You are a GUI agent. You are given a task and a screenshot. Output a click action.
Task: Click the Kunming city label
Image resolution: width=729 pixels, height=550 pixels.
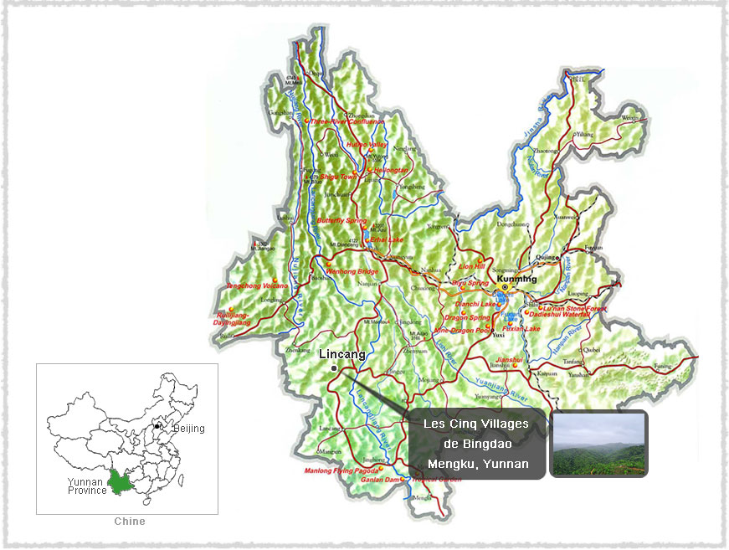[515, 277]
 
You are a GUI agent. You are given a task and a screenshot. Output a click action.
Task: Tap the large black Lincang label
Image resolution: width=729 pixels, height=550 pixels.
[342, 355]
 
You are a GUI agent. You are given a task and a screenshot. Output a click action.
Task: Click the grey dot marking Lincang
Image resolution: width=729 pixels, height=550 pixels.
[333, 368]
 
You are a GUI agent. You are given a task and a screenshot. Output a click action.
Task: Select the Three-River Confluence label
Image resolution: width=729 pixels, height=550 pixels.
[348, 121]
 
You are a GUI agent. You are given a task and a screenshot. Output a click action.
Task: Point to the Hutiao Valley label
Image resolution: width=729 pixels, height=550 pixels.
[367, 145]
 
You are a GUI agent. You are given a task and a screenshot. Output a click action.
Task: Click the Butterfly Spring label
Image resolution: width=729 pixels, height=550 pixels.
[342, 220]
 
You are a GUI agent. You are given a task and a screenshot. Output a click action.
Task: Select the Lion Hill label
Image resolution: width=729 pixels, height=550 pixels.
[472, 266]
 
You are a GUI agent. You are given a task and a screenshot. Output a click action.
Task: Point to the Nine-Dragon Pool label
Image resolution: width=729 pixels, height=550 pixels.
[463, 330]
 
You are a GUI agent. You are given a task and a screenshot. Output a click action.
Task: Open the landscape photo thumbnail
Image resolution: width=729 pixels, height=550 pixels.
[598, 444]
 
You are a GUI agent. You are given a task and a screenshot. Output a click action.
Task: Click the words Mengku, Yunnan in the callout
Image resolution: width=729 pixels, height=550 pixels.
[478, 464]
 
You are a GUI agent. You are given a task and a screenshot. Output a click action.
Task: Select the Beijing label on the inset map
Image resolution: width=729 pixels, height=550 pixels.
[188, 429]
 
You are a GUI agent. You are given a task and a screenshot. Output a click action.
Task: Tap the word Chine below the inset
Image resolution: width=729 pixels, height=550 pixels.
[130, 522]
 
